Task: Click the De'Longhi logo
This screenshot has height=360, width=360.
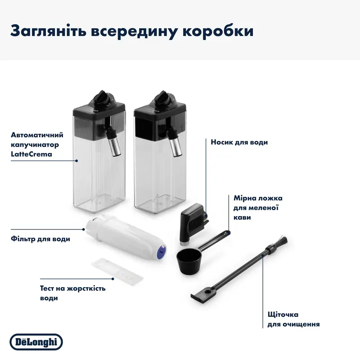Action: click(36, 342)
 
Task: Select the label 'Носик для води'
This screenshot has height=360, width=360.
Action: click(239, 142)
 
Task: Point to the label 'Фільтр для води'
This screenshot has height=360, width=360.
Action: click(40, 239)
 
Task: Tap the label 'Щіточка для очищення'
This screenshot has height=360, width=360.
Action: click(290, 319)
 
